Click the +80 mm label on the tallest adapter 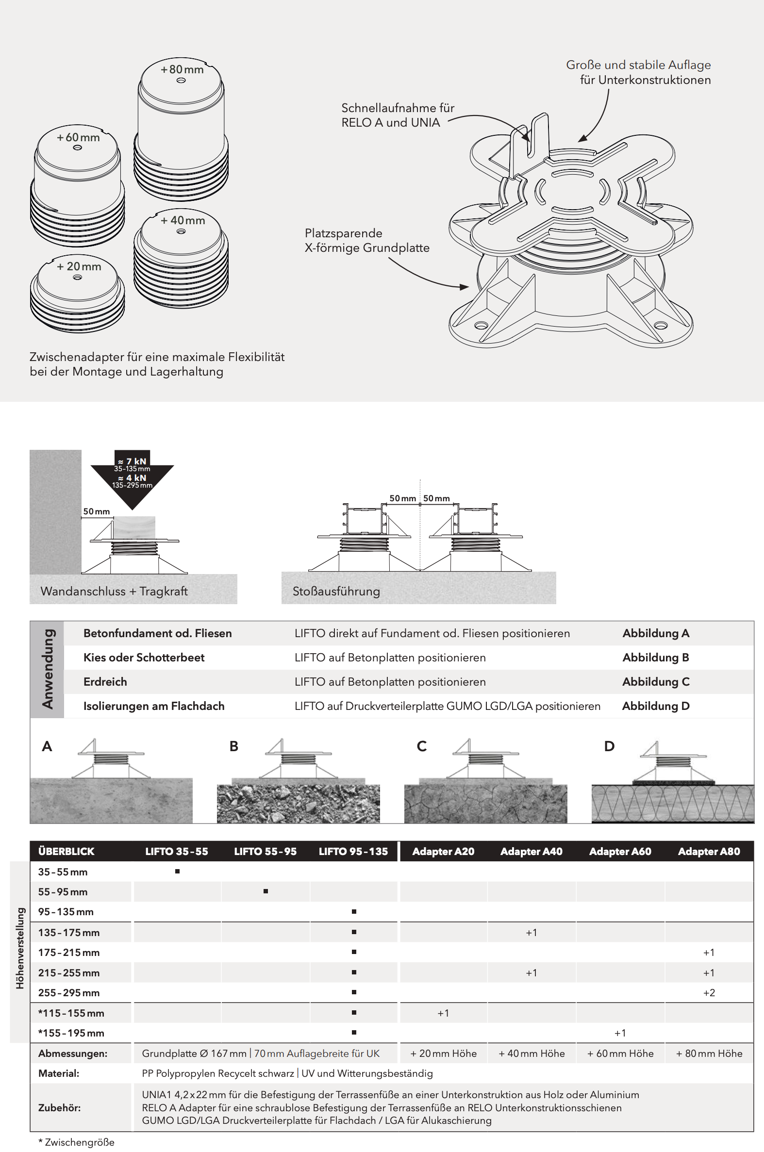point(182,70)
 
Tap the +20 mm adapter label point(79,266)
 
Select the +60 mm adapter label point(78,137)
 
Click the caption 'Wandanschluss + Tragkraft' point(114,591)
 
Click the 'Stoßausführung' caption point(336,591)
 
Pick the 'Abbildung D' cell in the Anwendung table point(655,706)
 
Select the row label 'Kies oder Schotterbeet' point(144,658)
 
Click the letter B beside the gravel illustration point(234,746)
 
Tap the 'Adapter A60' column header point(620,852)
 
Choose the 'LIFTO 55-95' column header point(265,852)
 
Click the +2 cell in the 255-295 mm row point(709,993)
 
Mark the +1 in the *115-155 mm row point(443,1013)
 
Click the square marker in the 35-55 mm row point(177,872)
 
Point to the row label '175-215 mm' point(69,952)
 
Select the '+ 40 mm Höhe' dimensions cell point(531,1053)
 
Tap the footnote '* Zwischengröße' point(77,1142)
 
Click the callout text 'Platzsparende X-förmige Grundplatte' point(367,240)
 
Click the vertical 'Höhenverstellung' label point(20,948)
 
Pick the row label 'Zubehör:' point(59,1107)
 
